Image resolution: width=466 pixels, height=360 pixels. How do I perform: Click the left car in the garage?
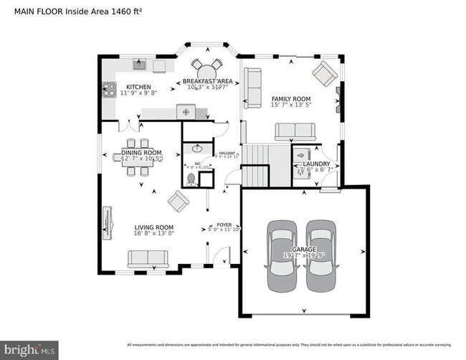click(281, 255)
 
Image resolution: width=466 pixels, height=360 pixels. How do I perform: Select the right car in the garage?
click(320, 255)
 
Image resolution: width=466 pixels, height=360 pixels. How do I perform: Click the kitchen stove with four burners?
click(110, 90)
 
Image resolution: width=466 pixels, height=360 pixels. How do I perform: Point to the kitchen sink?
click(141, 66)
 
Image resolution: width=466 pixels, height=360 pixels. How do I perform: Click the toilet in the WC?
click(191, 178)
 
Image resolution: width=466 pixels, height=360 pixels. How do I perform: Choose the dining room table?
click(137, 159)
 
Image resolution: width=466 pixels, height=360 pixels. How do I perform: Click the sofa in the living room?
click(148, 259)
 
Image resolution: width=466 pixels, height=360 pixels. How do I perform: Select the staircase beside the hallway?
click(256, 166)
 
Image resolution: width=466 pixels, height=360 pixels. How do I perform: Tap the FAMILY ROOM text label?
click(290, 99)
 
